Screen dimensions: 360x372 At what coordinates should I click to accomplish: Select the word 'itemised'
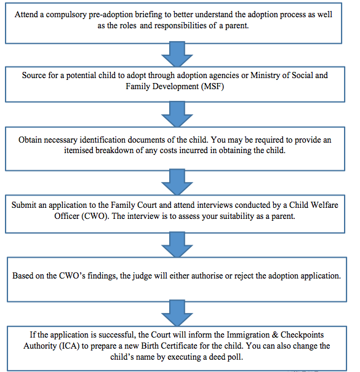[79, 151]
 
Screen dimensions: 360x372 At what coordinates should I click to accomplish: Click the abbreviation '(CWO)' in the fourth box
[95, 216]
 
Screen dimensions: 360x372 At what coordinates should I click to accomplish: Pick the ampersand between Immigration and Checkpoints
[275, 334]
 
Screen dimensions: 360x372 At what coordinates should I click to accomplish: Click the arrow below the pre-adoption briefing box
[177, 54]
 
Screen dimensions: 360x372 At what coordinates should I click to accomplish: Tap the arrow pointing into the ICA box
[177, 313]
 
